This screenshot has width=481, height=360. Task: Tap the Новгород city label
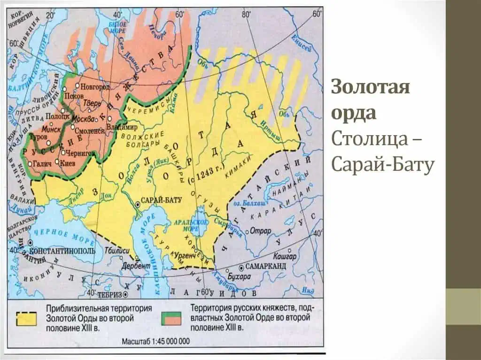95,87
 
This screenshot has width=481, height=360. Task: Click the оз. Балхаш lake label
254,203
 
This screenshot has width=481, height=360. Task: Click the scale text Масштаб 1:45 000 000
156,341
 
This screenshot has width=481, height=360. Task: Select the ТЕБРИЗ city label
110,295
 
